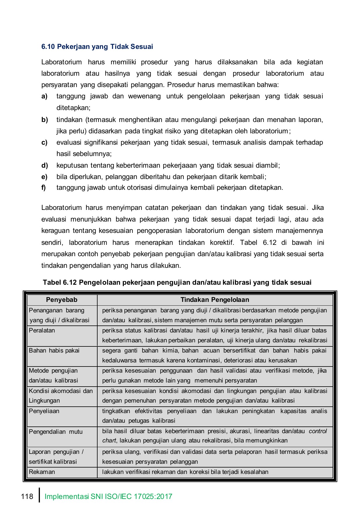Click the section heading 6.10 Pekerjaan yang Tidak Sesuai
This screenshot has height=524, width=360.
pyautogui.click(x=97, y=47)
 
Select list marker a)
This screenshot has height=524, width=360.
pyautogui.click(x=44, y=96)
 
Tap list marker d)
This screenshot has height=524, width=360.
pyautogui.click(x=44, y=166)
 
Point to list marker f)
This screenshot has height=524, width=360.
pyautogui.click(x=44, y=188)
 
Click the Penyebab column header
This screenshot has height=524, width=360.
pyautogui.click(x=61, y=300)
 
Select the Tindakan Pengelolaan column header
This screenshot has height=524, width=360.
pyautogui.click(x=215, y=300)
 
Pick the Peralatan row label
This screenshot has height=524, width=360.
pyautogui.click(x=42, y=330)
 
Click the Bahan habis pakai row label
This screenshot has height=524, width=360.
pyautogui.click(x=54, y=350)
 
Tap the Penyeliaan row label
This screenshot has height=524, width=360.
pyautogui.click(x=44, y=411)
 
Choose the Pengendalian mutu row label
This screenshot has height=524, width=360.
pyautogui.click(x=56, y=431)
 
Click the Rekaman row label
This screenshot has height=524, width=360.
pyautogui.click(x=42, y=472)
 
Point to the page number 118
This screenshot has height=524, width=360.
pyautogui.click(x=27, y=496)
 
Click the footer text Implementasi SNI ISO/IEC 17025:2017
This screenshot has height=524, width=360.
pyautogui.click(x=108, y=496)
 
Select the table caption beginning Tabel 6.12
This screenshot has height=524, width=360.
pyautogui.click(x=177, y=282)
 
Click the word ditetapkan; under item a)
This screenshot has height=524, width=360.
pyautogui.click(x=73, y=108)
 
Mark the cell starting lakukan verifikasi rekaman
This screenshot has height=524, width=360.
pyautogui.click(x=185, y=472)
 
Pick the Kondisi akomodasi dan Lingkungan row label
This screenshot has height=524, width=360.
pyautogui.click(x=61, y=396)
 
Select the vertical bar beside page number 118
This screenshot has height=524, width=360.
pyautogui.click(x=39, y=495)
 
